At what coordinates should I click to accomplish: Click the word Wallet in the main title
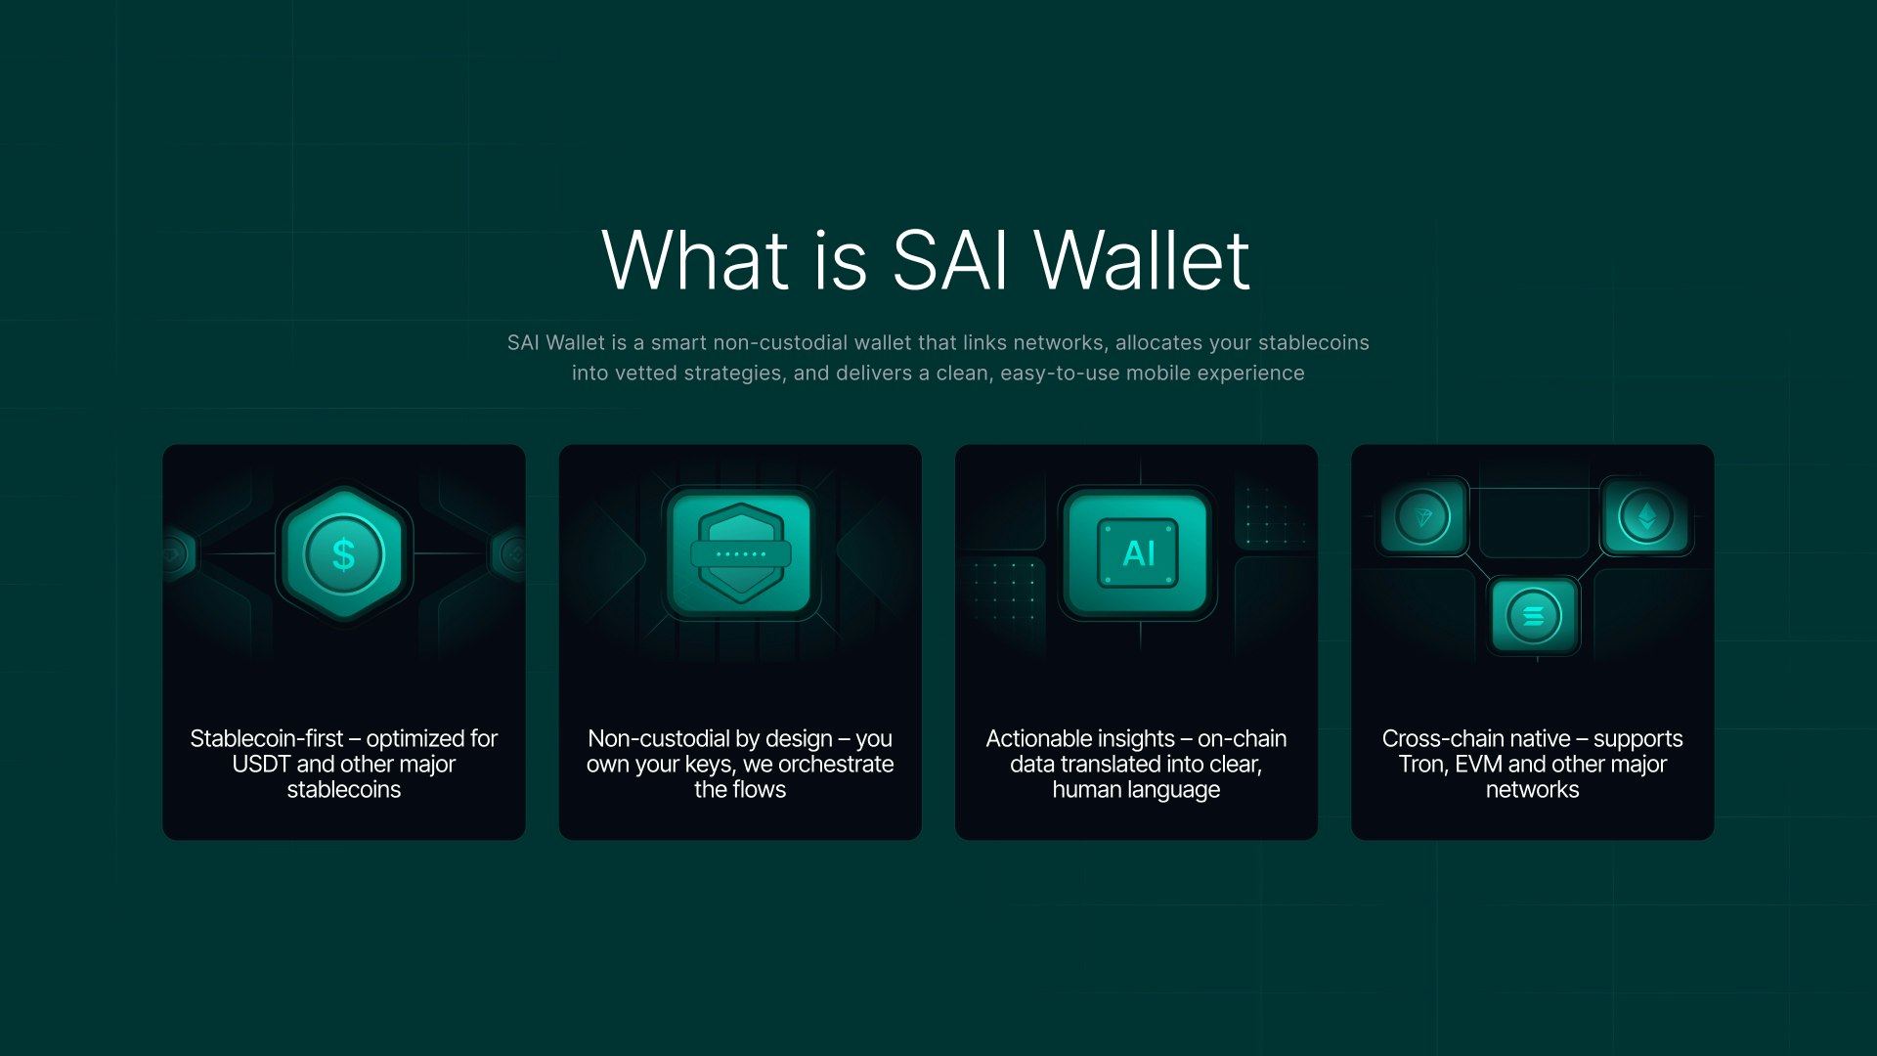[1142, 261]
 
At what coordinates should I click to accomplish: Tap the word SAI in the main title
[949, 261]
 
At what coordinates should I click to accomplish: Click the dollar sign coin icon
[344, 554]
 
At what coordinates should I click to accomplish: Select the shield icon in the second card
[741, 553]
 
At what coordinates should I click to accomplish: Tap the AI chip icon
[1138, 553]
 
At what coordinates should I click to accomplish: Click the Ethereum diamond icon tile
[1646, 516]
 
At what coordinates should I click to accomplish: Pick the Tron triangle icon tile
[1422, 516]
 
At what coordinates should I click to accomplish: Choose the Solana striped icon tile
[1533, 616]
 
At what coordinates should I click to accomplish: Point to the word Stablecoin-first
[266, 739]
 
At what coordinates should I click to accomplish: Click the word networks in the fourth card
[1532, 790]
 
